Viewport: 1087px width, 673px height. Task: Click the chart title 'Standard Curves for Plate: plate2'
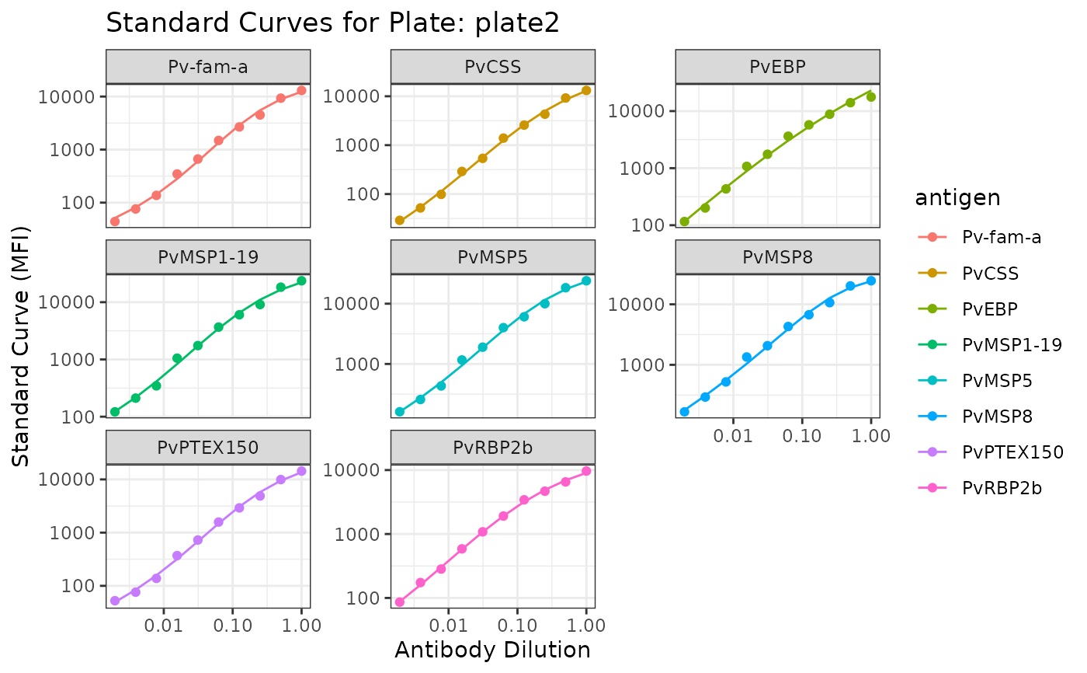tap(332, 23)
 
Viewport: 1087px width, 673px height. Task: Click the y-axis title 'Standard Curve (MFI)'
tap(22, 347)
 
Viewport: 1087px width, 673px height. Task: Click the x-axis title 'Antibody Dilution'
tap(492, 650)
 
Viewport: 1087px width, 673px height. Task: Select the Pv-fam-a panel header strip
tap(208, 67)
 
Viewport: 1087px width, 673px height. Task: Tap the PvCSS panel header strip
tap(492, 67)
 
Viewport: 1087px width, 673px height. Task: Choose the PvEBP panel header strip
tap(777, 67)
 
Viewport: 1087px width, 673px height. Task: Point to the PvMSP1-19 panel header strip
tap(208, 257)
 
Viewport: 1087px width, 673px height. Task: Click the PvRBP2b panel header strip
tap(492, 448)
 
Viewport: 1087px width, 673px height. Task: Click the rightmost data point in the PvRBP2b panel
tap(586, 471)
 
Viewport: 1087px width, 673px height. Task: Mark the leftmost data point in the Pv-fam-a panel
tap(115, 221)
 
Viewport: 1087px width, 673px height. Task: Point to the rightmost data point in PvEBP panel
tap(871, 96)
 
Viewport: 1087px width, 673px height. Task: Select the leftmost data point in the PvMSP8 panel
tap(684, 412)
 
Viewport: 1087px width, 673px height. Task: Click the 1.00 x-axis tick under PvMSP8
tap(871, 435)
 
